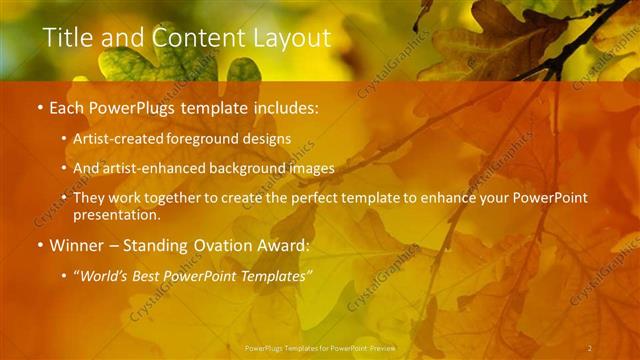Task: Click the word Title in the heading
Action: [x=67, y=38]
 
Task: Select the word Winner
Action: [x=77, y=244]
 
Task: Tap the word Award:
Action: [x=282, y=244]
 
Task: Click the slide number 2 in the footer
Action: [x=589, y=348]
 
